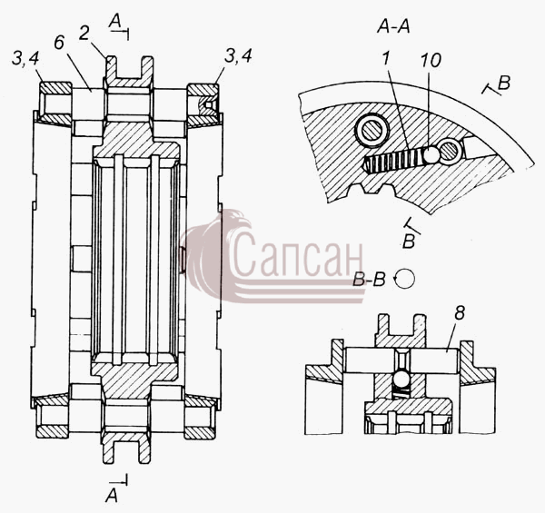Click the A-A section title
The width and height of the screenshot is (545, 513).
click(393, 26)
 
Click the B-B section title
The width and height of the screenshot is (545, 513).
click(369, 280)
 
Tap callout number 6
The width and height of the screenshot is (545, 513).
click(59, 43)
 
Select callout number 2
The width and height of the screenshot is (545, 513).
click(84, 34)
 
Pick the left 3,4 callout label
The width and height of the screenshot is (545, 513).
click(25, 59)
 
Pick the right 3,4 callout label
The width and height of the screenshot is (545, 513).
click(238, 55)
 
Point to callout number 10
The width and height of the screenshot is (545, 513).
click(431, 60)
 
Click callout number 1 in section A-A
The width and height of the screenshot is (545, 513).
click(385, 59)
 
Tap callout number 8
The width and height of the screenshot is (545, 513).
click(460, 313)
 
